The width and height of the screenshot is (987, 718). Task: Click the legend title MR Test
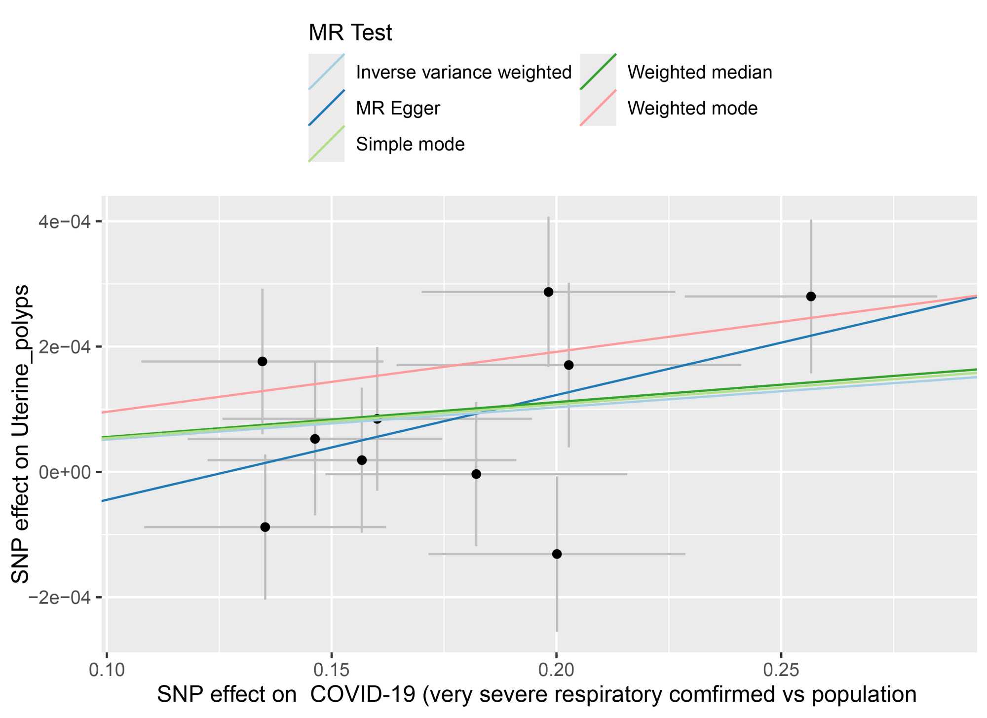click(350, 33)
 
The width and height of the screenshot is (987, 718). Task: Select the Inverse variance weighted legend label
click(463, 73)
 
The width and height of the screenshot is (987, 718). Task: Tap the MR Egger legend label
click(398, 109)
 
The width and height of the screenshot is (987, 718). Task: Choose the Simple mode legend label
click(410, 145)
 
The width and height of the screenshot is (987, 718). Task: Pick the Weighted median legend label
click(699, 73)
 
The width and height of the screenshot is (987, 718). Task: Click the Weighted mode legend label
click(692, 109)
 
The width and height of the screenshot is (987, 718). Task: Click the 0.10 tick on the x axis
click(107, 670)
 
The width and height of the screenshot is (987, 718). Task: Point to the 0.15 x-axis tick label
click(332, 670)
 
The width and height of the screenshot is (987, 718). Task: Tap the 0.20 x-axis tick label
click(556, 670)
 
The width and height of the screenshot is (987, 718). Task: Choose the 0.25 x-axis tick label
click(781, 670)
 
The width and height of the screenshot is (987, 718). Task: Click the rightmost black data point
click(811, 297)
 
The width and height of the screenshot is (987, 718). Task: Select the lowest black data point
click(557, 554)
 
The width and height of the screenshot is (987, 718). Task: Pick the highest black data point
click(548, 292)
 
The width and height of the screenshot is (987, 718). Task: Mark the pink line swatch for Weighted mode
click(598, 109)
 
